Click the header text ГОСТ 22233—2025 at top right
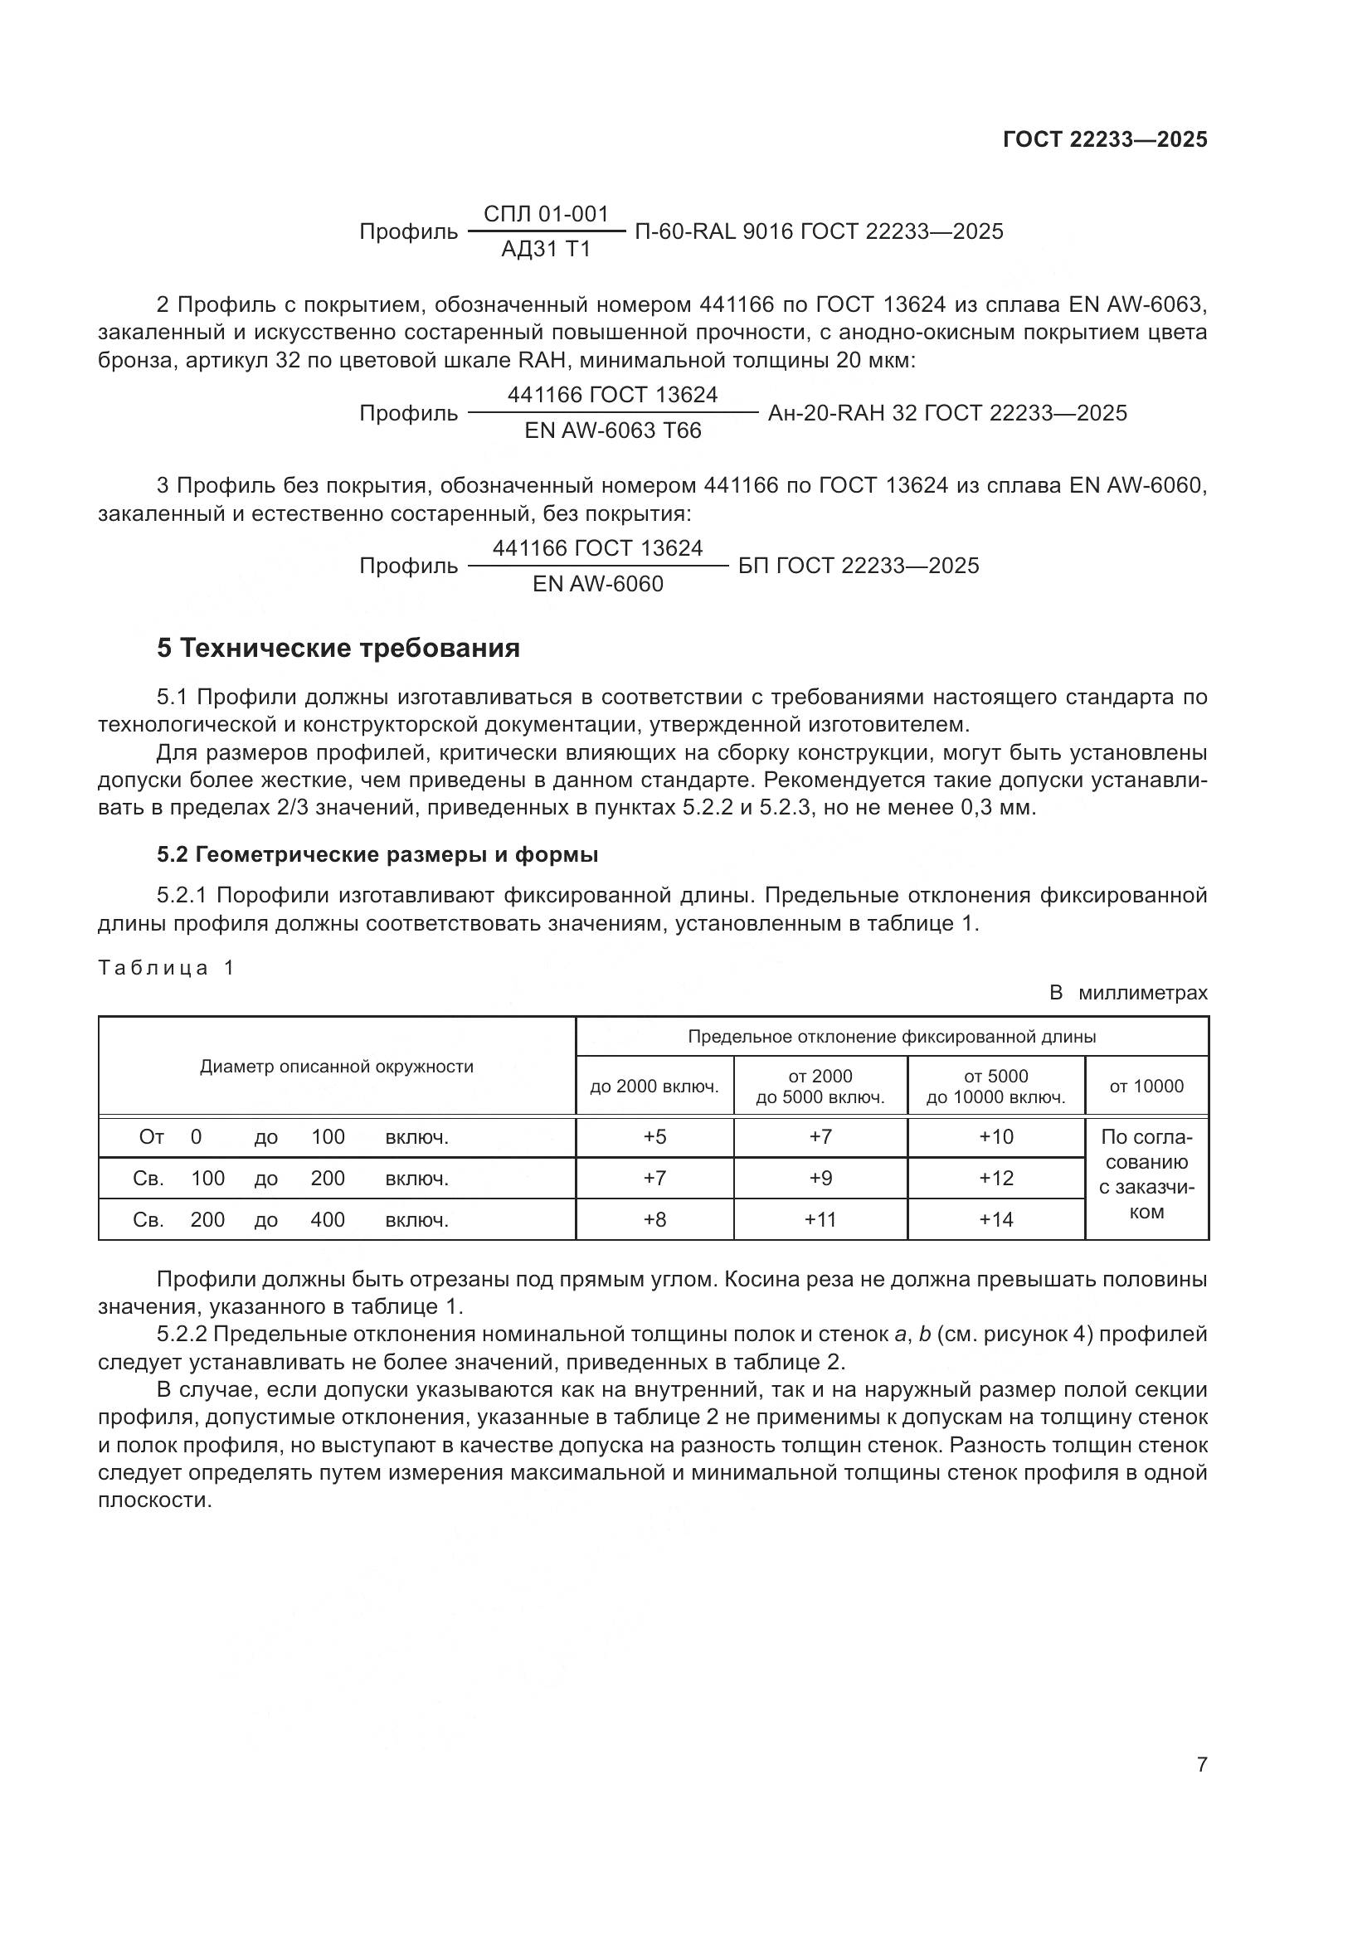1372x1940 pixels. [1105, 139]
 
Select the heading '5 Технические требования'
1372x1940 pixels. [338, 648]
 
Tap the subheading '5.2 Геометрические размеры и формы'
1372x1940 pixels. [377, 854]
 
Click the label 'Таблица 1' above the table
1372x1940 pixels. [166, 967]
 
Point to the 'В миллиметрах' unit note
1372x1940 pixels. [1128, 993]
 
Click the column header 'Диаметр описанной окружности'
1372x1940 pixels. [336, 1067]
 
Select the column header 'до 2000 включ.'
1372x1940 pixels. [654, 1086]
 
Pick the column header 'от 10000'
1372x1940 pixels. [1146, 1086]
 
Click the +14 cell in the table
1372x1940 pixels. [996, 1219]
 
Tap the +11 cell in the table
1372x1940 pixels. [820, 1219]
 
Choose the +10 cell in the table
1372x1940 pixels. [996, 1136]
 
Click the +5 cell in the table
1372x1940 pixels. [654, 1136]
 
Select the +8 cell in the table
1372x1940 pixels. [654, 1219]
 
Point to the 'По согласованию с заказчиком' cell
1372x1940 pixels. [1146, 1174]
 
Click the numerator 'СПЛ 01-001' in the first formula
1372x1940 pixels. [546, 214]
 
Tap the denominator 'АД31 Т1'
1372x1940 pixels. [546, 250]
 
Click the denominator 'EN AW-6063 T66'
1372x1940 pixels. [612, 431]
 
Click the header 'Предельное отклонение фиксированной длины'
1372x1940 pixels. [891, 1037]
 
